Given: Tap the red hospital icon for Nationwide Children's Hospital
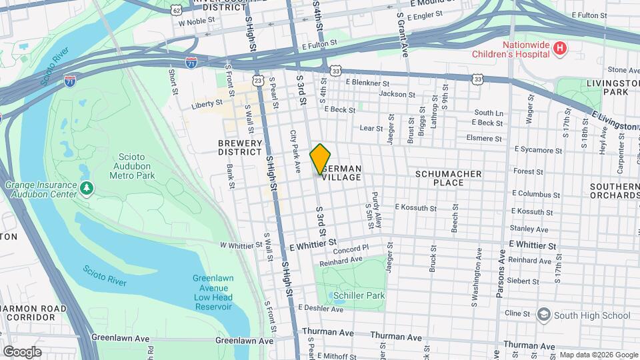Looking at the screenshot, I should click(x=561, y=48).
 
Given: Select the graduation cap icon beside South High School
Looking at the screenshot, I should click(x=544, y=315).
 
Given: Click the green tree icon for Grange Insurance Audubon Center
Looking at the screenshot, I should click(x=86, y=189).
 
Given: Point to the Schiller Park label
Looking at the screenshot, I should click(x=361, y=295).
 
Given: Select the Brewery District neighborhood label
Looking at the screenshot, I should click(x=240, y=147).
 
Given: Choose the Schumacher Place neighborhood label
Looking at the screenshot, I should click(x=448, y=178).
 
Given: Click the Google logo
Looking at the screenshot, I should click(x=22, y=351).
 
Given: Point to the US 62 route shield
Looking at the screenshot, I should click(x=175, y=10).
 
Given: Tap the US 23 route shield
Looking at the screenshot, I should click(x=258, y=80).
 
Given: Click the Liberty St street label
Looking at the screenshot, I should click(x=207, y=104).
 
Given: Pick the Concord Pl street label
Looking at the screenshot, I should click(x=347, y=249).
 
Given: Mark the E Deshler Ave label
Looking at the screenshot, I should click(x=320, y=308).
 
